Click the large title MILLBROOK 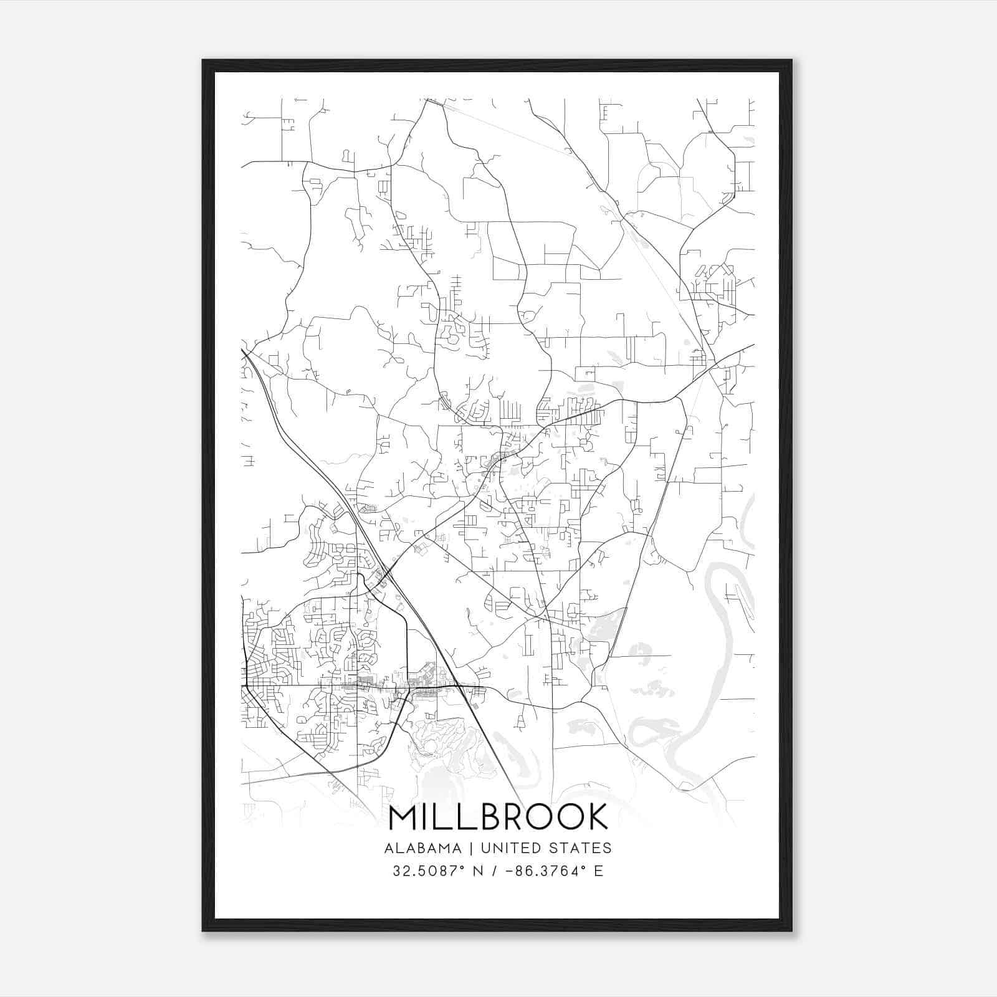[498, 817]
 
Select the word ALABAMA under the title [423, 848]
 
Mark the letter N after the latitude [479, 871]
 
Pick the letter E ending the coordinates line [599, 871]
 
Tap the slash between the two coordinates [495, 871]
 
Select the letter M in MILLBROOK [404, 817]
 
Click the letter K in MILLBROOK [597, 817]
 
